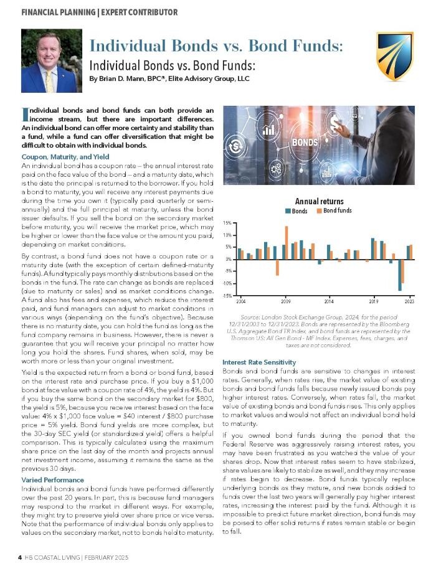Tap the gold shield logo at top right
point(394,56)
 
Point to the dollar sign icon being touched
point(343,121)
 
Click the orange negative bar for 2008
point(277,267)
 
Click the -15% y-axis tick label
point(227,296)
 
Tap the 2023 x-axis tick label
point(409,301)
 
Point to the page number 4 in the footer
point(19,557)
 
